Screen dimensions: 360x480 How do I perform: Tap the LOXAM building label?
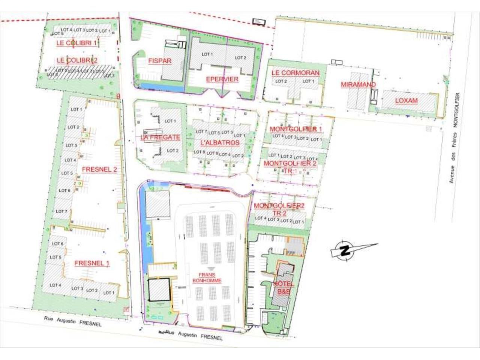(x=406, y=100)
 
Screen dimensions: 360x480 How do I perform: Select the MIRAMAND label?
(x=358, y=84)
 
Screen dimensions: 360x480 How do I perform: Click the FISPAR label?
(x=160, y=61)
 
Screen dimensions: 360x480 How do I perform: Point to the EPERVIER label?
(x=222, y=79)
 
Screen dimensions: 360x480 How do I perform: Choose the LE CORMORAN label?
(x=295, y=73)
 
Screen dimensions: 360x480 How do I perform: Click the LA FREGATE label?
(x=160, y=137)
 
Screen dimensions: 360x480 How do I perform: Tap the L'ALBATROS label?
(x=220, y=142)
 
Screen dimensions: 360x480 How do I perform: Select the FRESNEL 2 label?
(x=99, y=169)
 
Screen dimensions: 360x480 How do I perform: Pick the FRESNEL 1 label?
(x=92, y=263)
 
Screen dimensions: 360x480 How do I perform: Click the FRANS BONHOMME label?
(x=207, y=277)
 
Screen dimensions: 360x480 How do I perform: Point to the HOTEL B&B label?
(x=284, y=287)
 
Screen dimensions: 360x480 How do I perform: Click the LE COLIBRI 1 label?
(x=76, y=43)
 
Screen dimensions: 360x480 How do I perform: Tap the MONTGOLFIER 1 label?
(x=296, y=129)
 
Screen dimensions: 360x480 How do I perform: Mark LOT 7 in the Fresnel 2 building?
(x=61, y=211)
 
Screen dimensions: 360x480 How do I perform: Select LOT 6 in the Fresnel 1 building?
(x=57, y=243)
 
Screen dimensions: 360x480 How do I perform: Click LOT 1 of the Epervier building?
(x=207, y=54)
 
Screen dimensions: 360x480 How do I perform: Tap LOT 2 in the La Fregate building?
(x=172, y=150)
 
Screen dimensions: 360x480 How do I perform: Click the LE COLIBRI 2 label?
(x=77, y=60)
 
